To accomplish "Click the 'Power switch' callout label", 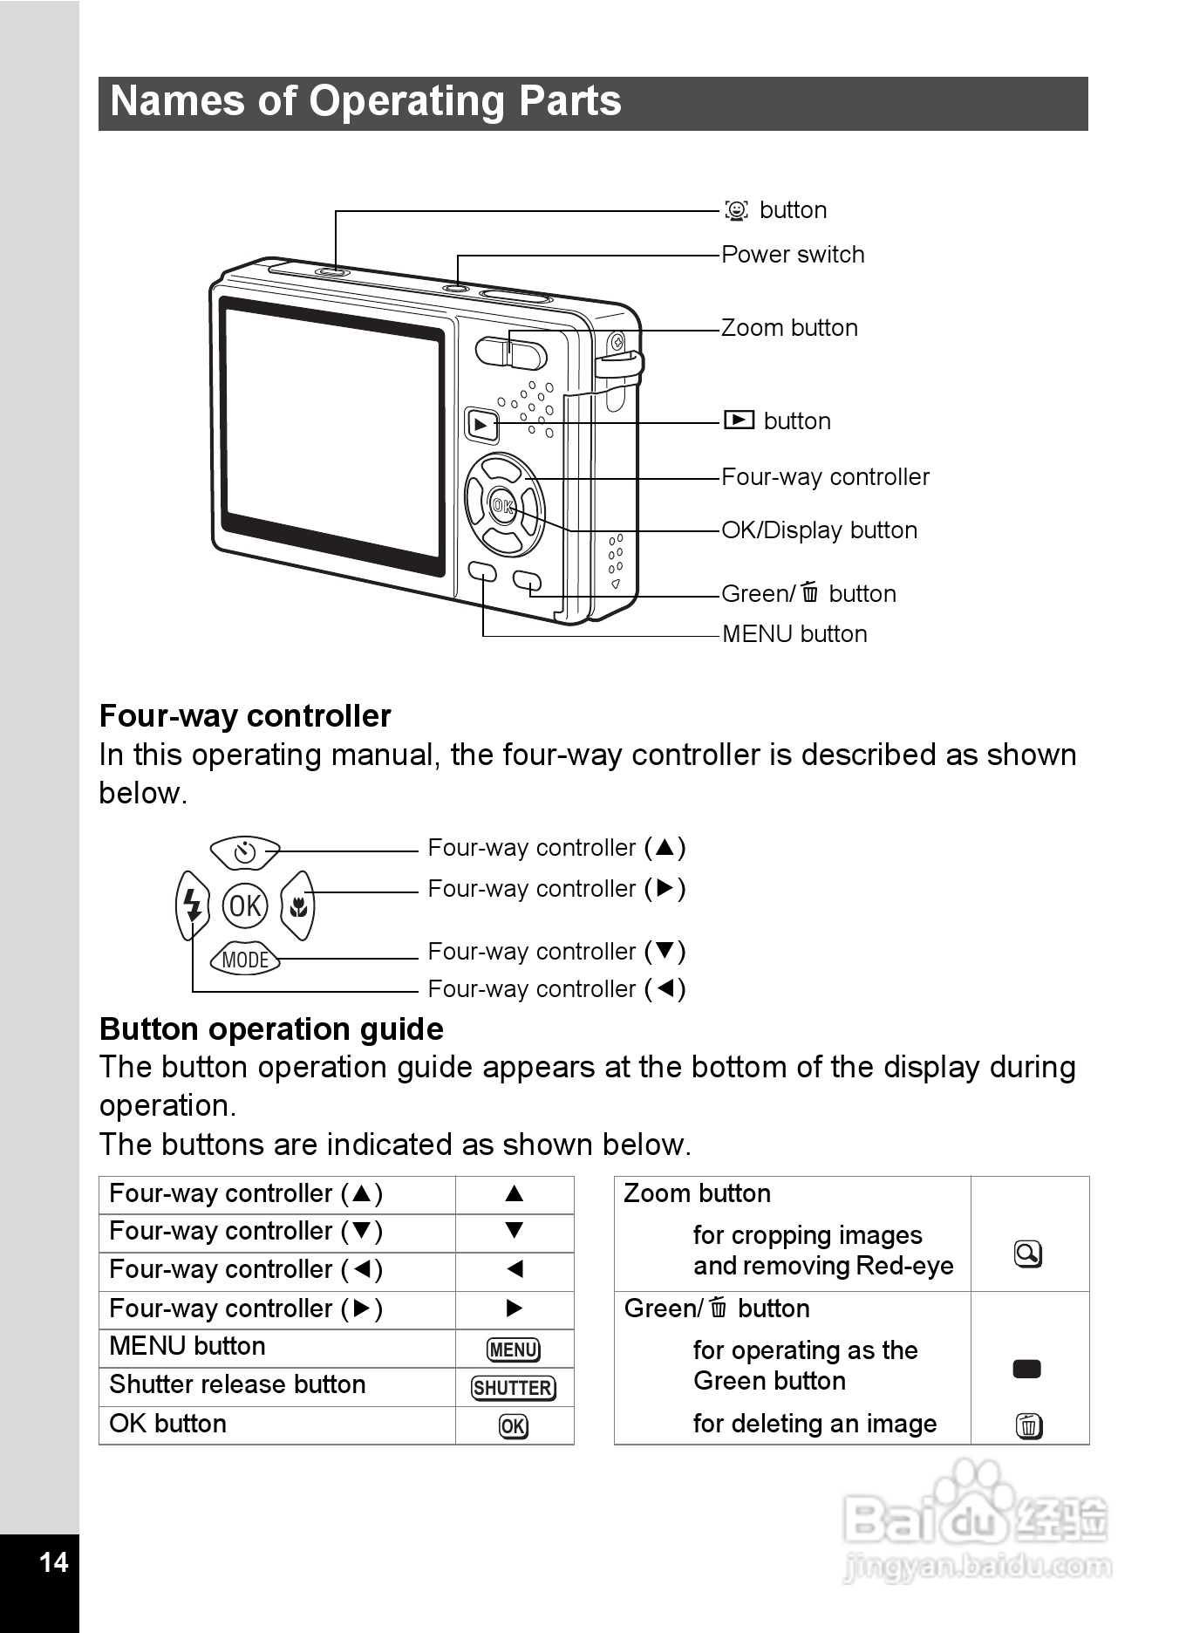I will tap(793, 255).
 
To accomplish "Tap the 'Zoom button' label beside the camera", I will tap(789, 328).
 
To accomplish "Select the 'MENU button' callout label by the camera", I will tap(794, 634).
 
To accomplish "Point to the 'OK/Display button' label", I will tap(819, 530).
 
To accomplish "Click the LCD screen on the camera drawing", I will tap(331, 436).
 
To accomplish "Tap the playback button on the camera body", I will tap(481, 425).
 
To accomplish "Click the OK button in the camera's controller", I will tap(501, 505).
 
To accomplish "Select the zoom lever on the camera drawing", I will tap(511, 352).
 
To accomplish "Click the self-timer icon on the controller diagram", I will tap(245, 852).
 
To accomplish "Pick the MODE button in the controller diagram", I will tap(245, 960).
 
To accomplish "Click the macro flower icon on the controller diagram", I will tap(298, 906).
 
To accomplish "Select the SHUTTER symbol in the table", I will tap(514, 1388).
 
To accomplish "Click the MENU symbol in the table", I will tap(514, 1350).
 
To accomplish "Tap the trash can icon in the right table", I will tap(1029, 1426).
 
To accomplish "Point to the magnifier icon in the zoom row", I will tap(1028, 1254).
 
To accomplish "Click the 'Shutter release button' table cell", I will tap(237, 1385).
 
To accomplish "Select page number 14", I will tap(54, 1562).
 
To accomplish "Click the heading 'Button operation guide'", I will tap(271, 1029).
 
